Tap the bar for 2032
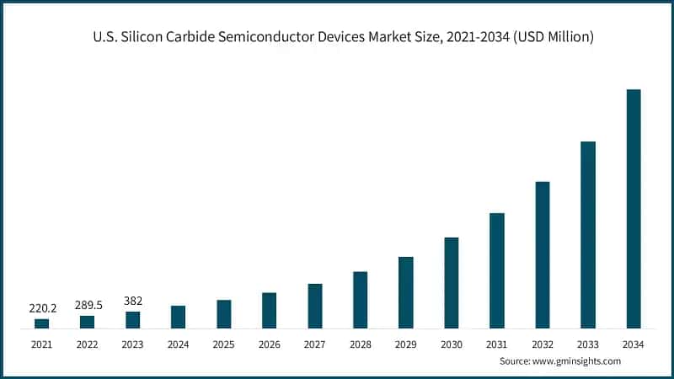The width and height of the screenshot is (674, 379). click(543, 254)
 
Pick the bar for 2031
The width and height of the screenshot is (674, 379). click(497, 270)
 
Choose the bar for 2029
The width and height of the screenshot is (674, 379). click(406, 292)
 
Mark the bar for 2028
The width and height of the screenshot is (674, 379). click(360, 300)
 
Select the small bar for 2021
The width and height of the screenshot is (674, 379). click(41, 323)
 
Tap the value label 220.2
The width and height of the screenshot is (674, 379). click(42, 308)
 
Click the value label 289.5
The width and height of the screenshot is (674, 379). click(88, 305)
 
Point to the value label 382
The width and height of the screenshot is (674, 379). click(132, 301)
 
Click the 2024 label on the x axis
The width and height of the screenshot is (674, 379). click(178, 344)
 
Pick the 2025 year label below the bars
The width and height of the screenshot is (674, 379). click(223, 344)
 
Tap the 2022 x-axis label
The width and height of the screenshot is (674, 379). click(87, 344)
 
